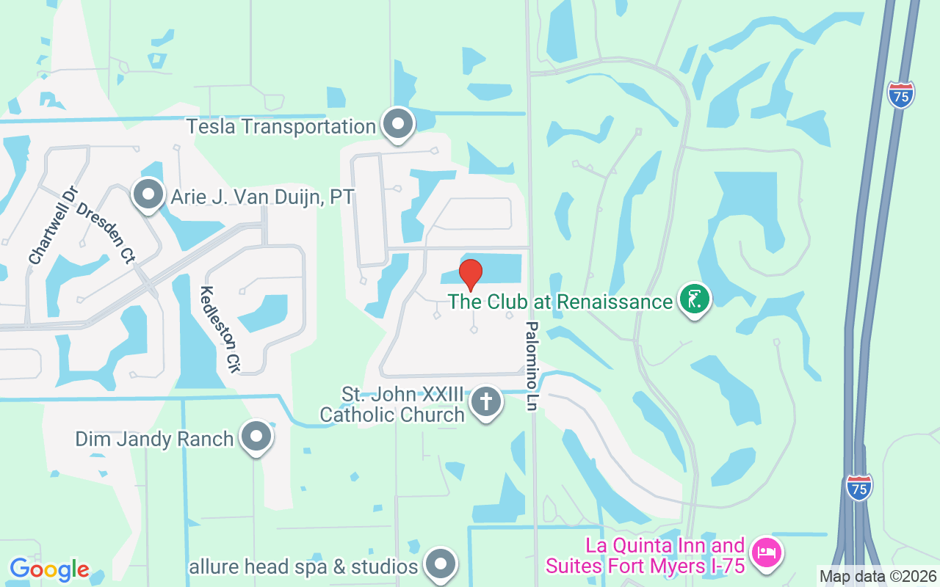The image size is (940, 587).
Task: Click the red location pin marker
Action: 471,274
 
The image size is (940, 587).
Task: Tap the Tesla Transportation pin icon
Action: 399,124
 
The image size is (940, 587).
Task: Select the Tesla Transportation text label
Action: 281,126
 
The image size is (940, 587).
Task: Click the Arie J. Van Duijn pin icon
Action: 148,195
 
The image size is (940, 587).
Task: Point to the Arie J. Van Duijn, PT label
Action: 262,197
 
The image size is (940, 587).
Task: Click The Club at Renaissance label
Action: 560,302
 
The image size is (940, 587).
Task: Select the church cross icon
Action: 485,401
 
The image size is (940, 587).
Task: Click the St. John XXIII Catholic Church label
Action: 393,405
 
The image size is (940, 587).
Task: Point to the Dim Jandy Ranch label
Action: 154,440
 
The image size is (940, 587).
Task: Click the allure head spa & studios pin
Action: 441,564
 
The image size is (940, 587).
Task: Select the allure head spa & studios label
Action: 303,566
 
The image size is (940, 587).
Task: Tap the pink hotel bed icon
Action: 766,551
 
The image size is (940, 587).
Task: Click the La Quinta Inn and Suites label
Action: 646,555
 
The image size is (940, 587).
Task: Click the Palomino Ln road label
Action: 532,365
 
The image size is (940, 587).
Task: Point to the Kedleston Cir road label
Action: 220,329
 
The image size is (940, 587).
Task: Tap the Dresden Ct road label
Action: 106,233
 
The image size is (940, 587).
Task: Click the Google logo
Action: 49,569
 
